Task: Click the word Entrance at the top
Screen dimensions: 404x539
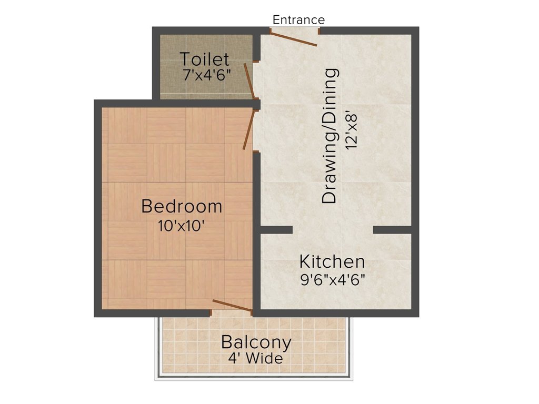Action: [298, 20]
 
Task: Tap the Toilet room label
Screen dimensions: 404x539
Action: [205, 59]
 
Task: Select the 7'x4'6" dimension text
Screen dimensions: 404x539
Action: [207, 74]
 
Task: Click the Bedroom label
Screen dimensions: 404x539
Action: [182, 206]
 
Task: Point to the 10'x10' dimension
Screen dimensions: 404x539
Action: [181, 226]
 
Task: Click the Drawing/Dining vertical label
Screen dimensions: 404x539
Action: [330, 136]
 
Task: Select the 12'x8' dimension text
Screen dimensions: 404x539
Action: [352, 129]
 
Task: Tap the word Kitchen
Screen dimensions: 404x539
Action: [332, 261]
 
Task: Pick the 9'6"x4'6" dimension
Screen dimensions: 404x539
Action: [332, 279]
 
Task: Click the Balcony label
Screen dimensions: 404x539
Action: [256, 342]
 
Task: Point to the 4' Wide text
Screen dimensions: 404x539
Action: [256, 359]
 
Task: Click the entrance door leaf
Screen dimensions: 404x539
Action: [294, 38]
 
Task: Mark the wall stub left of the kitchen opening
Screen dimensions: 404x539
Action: [276, 230]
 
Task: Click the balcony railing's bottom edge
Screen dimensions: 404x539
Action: [254, 378]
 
